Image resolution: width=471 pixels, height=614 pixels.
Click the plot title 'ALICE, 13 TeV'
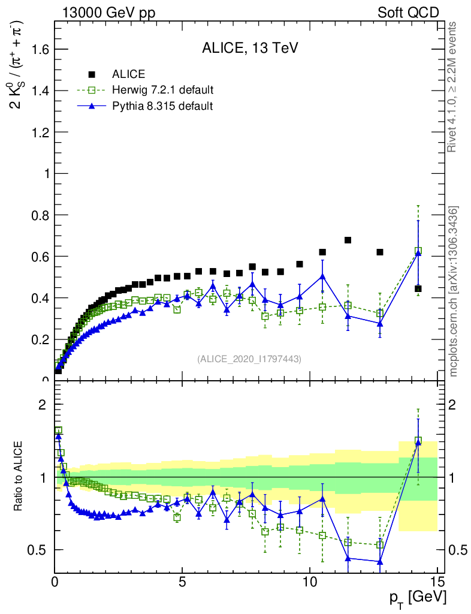(250, 49)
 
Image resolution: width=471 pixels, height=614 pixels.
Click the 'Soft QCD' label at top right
(408, 13)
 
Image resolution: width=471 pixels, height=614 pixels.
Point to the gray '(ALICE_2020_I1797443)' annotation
(249, 359)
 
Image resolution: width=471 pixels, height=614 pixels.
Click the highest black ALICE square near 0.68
(348, 240)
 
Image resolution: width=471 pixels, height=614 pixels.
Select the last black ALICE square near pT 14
(418, 289)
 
